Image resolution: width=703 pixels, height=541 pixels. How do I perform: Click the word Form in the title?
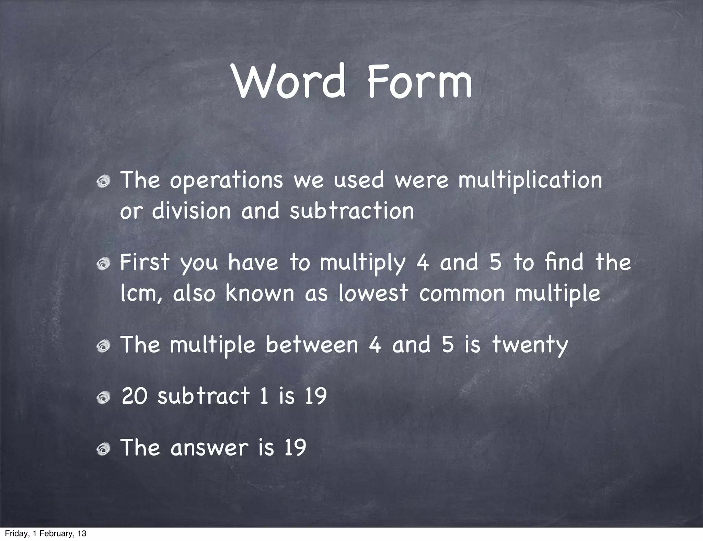tap(419, 82)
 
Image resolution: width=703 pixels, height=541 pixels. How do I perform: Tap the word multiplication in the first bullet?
tap(530, 181)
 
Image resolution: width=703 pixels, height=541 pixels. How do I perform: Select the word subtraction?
tap(352, 211)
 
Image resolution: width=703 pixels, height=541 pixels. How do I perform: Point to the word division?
tap(191, 211)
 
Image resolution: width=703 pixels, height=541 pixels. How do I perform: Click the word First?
tap(145, 263)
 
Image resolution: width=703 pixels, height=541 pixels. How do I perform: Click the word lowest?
tap(373, 294)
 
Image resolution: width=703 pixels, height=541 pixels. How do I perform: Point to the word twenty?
tap(530, 345)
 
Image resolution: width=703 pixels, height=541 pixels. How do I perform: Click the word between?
tap(312, 345)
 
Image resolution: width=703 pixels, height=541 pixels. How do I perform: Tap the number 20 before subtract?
tap(135, 396)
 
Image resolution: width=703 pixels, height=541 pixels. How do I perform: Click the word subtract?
tap(203, 396)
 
